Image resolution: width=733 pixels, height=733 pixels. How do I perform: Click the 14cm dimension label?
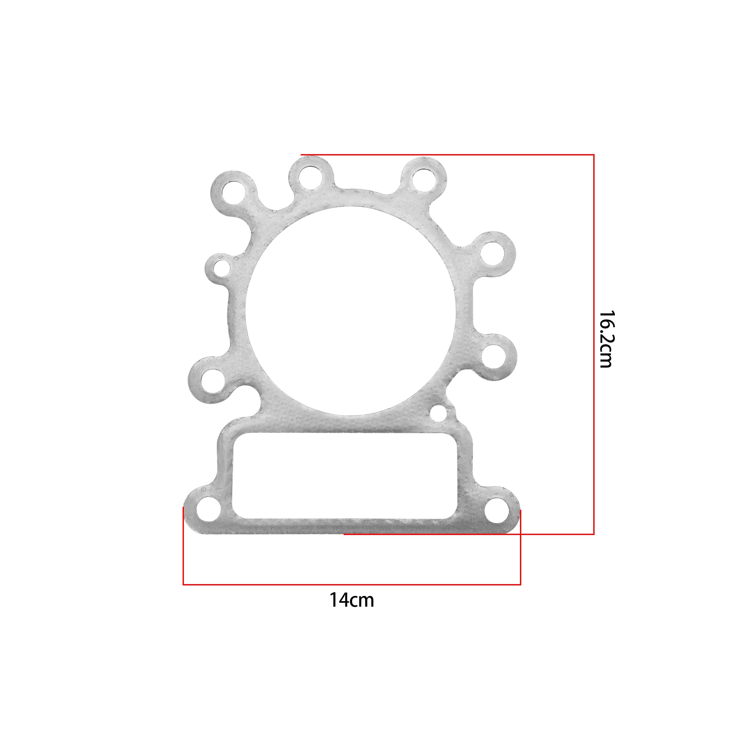click(x=351, y=600)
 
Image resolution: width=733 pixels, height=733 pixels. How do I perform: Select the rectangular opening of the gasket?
click(x=345, y=476)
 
